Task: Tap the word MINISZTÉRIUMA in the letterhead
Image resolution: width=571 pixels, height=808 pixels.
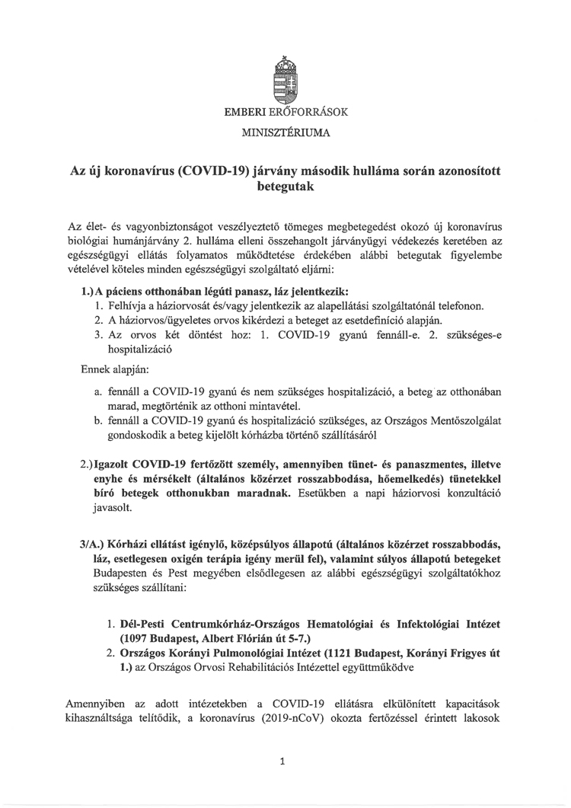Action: pos(285,133)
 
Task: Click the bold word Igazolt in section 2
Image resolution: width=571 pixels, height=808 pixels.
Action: pos(113,463)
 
